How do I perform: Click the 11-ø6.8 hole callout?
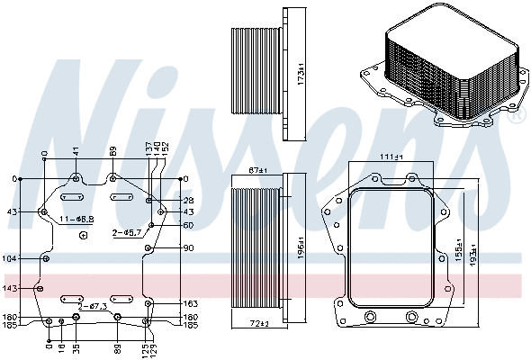click(x=77, y=219)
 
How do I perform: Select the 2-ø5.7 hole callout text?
click(x=127, y=232)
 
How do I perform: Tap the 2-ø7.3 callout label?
click(x=93, y=307)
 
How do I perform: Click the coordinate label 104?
click(x=11, y=258)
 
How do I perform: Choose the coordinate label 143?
click(x=11, y=289)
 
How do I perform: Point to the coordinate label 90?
click(x=188, y=248)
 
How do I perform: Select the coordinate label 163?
click(x=190, y=304)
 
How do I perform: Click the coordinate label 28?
click(x=188, y=200)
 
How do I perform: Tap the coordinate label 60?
click(x=188, y=225)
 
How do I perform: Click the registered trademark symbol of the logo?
click(x=517, y=117)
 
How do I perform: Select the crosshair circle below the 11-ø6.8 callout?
click(x=83, y=236)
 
